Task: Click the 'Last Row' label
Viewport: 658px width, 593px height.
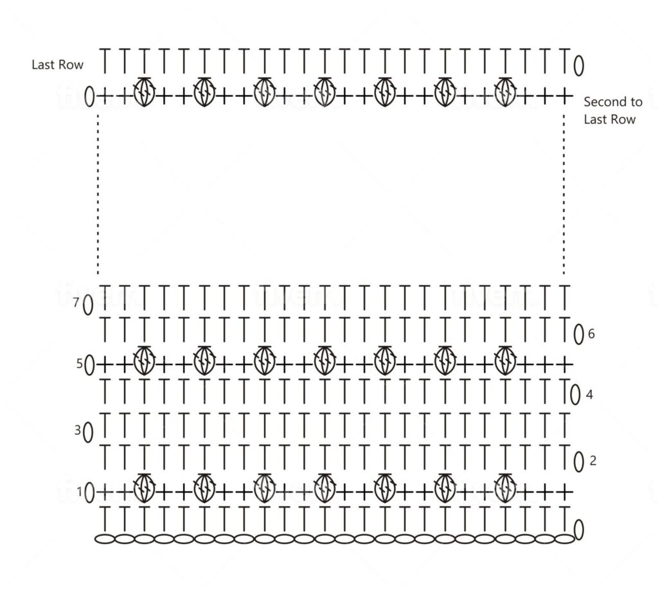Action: point(57,65)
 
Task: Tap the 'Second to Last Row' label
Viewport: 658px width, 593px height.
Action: point(612,111)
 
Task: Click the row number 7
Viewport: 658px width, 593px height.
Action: point(76,302)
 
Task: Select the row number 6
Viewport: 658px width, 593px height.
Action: point(591,333)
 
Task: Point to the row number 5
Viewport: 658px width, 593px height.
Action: point(79,364)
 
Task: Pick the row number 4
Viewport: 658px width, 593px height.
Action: point(589,394)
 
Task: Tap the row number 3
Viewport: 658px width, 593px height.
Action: point(77,430)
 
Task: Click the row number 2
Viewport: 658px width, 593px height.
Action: point(592,461)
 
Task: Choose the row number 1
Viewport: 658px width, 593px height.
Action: point(79,491)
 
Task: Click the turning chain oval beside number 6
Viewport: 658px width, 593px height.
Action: point(579,335)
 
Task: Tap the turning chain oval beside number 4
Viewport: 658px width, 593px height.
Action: point(575,395)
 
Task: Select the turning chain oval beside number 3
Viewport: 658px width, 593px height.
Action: point(88,432)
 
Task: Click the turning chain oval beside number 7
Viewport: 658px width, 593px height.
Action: point(88,305)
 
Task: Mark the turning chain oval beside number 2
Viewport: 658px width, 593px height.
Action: point(579,462)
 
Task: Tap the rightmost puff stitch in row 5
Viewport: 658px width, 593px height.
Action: point(505,361)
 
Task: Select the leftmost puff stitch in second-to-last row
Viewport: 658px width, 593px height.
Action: point(144,92)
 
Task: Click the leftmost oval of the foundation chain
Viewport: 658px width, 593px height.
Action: point(105,538)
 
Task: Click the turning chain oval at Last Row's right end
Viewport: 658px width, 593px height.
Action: point(579,66)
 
